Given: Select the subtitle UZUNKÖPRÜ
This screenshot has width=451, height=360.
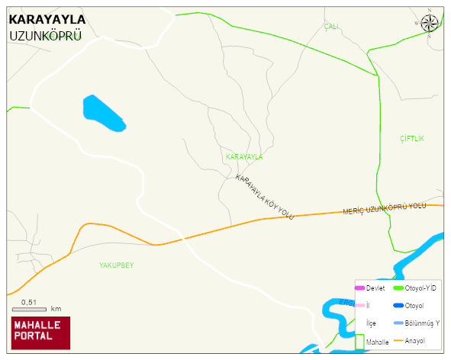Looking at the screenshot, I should [45, 36].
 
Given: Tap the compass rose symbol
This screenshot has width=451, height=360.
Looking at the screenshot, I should [430, 23].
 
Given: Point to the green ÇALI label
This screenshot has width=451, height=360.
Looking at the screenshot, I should [330, 27].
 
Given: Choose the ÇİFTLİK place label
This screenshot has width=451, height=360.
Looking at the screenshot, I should [411, 138].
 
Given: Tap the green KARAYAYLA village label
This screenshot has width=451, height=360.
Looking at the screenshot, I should [244, 156].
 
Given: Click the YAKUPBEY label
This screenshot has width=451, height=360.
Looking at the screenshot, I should [116, 265].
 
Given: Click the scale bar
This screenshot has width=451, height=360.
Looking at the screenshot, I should [30, 309].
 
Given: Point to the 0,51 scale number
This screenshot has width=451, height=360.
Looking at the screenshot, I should [29, 301].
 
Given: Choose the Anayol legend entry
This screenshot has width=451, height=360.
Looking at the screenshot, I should [417, 339].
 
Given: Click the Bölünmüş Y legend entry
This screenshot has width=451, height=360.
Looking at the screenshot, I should [422, 323].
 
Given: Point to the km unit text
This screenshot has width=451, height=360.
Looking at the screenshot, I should [56, 309].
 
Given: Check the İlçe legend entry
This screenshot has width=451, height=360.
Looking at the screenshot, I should [371, 323].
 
